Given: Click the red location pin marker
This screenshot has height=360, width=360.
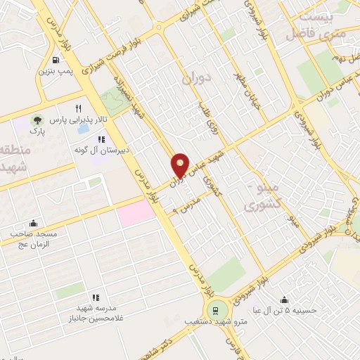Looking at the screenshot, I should [x=181, y=166].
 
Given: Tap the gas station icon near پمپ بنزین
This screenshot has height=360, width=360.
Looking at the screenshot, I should [x=56, y=61].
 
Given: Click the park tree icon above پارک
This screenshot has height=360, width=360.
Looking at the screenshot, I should [x=36, y=120].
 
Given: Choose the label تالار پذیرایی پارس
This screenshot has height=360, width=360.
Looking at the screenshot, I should [x=66, y=120].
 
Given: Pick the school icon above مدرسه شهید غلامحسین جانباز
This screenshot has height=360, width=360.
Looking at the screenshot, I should [x=96, y=297].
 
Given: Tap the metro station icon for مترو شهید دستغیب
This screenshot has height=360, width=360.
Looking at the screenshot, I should [x=215, y=310].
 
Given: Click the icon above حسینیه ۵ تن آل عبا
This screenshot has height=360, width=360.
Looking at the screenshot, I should [x=283, y=299].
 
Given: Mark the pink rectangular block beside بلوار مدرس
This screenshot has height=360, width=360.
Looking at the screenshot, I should [x=135, y=212].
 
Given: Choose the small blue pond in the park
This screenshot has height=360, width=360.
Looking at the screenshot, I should [x=84, y=129].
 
